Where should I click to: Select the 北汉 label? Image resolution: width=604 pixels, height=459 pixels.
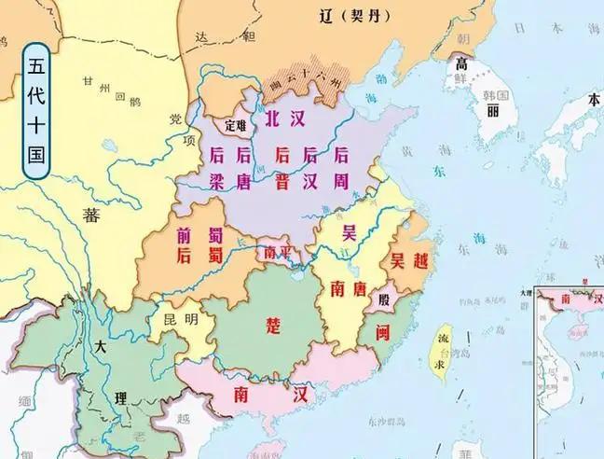coord(285,119)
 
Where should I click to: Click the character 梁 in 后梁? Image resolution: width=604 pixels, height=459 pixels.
coord(217,181)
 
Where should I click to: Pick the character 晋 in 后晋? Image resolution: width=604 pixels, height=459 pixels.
coord(281,181)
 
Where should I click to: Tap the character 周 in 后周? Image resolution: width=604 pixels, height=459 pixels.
coord(341,181)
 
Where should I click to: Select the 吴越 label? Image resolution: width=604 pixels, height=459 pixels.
coord(409,260)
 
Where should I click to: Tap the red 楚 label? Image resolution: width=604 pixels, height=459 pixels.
coord(272,325)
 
